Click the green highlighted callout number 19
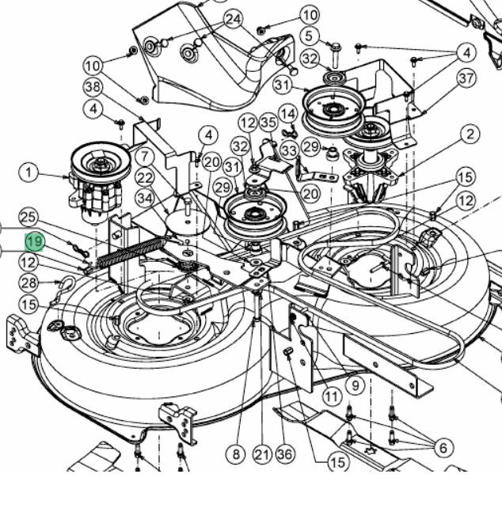point(35,241)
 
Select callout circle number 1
point(30,172)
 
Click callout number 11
point(331,395)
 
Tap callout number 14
point(287,114)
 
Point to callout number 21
point(263,454)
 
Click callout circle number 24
point(233,19)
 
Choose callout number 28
point(29,283)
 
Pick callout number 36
point(285,454)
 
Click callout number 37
point(466,78)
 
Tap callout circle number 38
point(93,86)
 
